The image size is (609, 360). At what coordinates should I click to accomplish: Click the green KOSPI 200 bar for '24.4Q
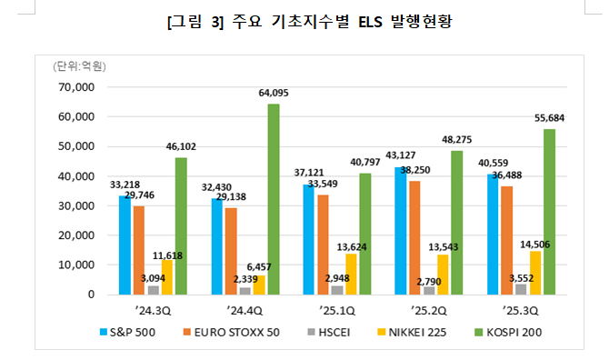(274, 199)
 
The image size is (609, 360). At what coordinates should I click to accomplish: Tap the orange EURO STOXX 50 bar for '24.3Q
(139, 250)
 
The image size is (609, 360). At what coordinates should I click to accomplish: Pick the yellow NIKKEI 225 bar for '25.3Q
(534, 273)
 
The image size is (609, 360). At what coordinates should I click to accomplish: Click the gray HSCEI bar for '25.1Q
(336, 290)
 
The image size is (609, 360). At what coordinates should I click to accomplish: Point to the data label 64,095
(274, 93)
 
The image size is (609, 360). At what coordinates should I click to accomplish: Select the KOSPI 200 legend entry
(504, 333)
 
